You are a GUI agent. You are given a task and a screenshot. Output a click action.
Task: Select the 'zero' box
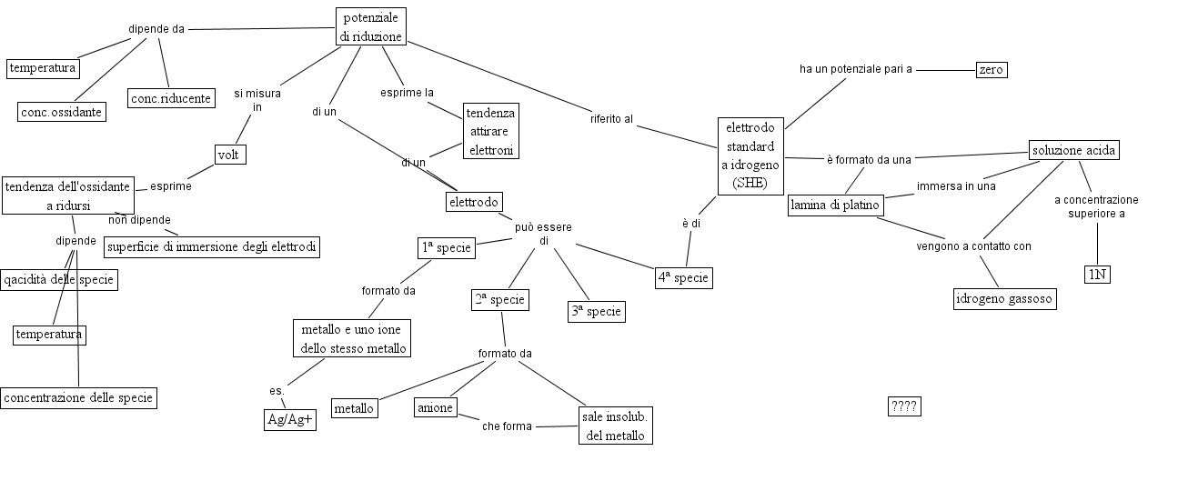[x=991, y=69]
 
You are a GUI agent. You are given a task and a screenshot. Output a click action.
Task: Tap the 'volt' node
[x=227, y=155]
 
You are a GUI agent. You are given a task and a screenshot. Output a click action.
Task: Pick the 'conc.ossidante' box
[x=61, y=111]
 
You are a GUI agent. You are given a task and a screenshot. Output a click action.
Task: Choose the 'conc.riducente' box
[x=171, y=97]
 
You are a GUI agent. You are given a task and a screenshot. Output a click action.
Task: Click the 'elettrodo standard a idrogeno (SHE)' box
[x=750, y=155]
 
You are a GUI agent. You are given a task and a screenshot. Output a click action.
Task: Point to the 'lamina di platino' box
[x=835, y=205]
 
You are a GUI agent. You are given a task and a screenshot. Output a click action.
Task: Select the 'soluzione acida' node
[x=1073, y=150]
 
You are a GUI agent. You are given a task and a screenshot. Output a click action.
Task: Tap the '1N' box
[x=1097, y=274]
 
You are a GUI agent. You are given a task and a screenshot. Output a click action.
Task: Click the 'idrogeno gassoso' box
[x=1004, y=298]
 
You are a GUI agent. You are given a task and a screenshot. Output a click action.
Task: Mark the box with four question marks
[x=904, y=406]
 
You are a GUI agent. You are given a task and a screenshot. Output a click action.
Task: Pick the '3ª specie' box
[x=595, y=311]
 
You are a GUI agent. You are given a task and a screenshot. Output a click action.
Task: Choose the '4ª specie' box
[x=683, y=277]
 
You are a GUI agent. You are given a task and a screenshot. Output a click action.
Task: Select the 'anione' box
[x=435, y=407]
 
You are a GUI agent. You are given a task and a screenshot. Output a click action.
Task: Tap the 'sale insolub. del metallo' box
[x=617, y=426]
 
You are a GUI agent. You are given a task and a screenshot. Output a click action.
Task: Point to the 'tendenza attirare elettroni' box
[x=491, y=131]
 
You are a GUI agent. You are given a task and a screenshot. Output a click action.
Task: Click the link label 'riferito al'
[x=611, y=118]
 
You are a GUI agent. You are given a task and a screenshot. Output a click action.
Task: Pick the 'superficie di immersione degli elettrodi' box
[x=213, y=246]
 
